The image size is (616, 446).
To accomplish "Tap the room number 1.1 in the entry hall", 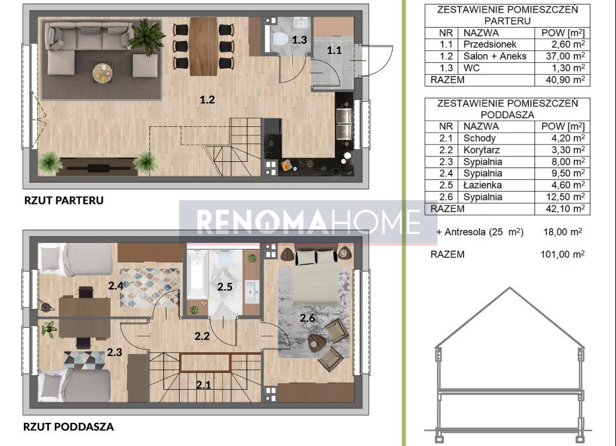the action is [334, 50].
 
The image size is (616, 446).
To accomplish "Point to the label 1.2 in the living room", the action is [207, 100].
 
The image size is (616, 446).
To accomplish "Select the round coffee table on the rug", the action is [102, 73].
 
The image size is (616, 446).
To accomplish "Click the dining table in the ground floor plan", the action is [204, 46].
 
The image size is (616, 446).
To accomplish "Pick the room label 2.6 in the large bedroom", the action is [307, 318].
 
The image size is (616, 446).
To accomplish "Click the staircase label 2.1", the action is [204, 385].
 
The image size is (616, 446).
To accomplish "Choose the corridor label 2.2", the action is [202, 336].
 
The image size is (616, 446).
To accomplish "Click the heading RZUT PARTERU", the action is [64, 200].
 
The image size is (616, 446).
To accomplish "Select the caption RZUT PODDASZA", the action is [68, 426].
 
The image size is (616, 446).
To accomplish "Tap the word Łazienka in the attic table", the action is [483, 185].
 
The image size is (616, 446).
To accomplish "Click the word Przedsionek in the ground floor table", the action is [490, 44].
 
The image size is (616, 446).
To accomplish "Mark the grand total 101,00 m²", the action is [562, 254].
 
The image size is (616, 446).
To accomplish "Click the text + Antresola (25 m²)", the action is [480, 232].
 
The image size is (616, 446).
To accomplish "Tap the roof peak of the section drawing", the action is [510, 288].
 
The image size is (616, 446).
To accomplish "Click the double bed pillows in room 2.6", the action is [316, 257].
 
